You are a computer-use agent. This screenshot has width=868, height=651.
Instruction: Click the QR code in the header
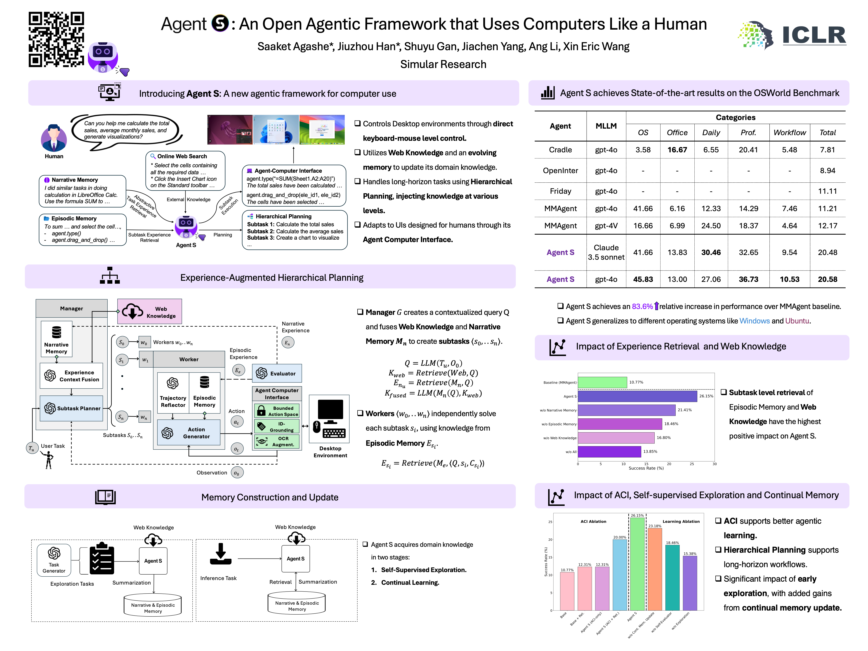tap(56, 39)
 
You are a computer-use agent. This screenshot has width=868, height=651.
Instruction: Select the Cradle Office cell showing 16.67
tap(677, 150)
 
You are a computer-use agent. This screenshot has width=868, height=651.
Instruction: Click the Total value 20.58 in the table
tap(827, 279)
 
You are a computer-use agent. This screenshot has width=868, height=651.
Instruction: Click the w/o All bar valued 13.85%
tap(609, 452)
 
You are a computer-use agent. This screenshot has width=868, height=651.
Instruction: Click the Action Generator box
tap(189, 433)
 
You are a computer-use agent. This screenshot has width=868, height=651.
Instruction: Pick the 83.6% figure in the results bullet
tap(642, 307)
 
